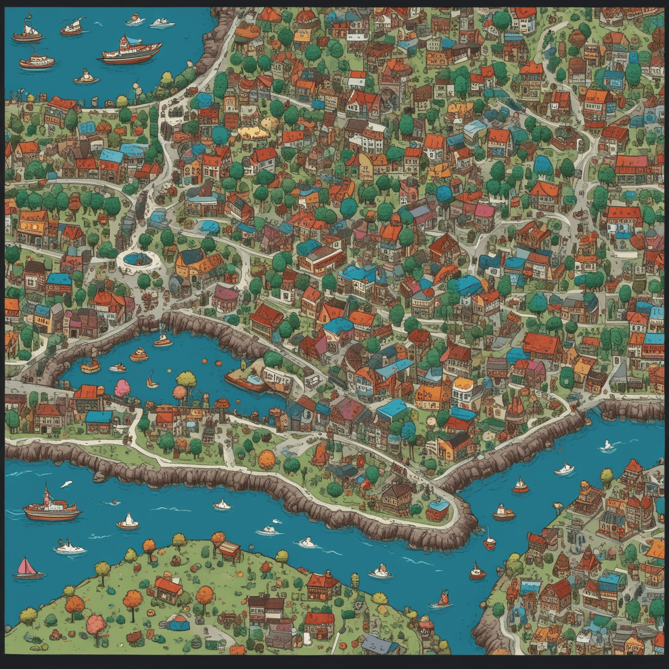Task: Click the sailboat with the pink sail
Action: pyautogui.click(x=27, y=569)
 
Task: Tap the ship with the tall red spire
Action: pyautogui.click(x=51, y=506)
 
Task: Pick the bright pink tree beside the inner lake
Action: pyautogui.click(x=122, y=388)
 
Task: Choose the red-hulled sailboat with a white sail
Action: pyautogui.click(x=521, y=486)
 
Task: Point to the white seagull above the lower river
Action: pyautogui.click(x=66, y=485)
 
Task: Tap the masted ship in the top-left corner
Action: pyautogui.click(x=28, y=32)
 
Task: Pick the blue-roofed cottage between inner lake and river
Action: pyautogui.click(x=98, y=421)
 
